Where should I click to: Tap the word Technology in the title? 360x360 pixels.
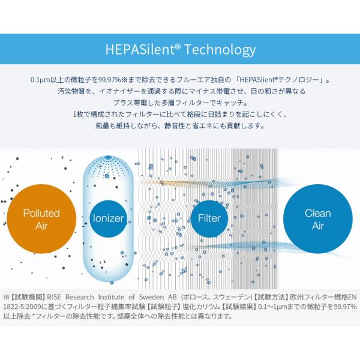pos(219,49)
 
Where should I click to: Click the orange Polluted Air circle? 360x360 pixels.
pos(41,220)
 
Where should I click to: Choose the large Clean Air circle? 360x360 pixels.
pos(317,220)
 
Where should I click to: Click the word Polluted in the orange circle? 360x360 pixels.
pos(41,213)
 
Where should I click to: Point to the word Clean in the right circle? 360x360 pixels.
pos(317,213)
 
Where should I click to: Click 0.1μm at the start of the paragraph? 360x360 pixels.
pos(41,80)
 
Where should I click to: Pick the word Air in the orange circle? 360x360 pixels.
pos(41,226)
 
